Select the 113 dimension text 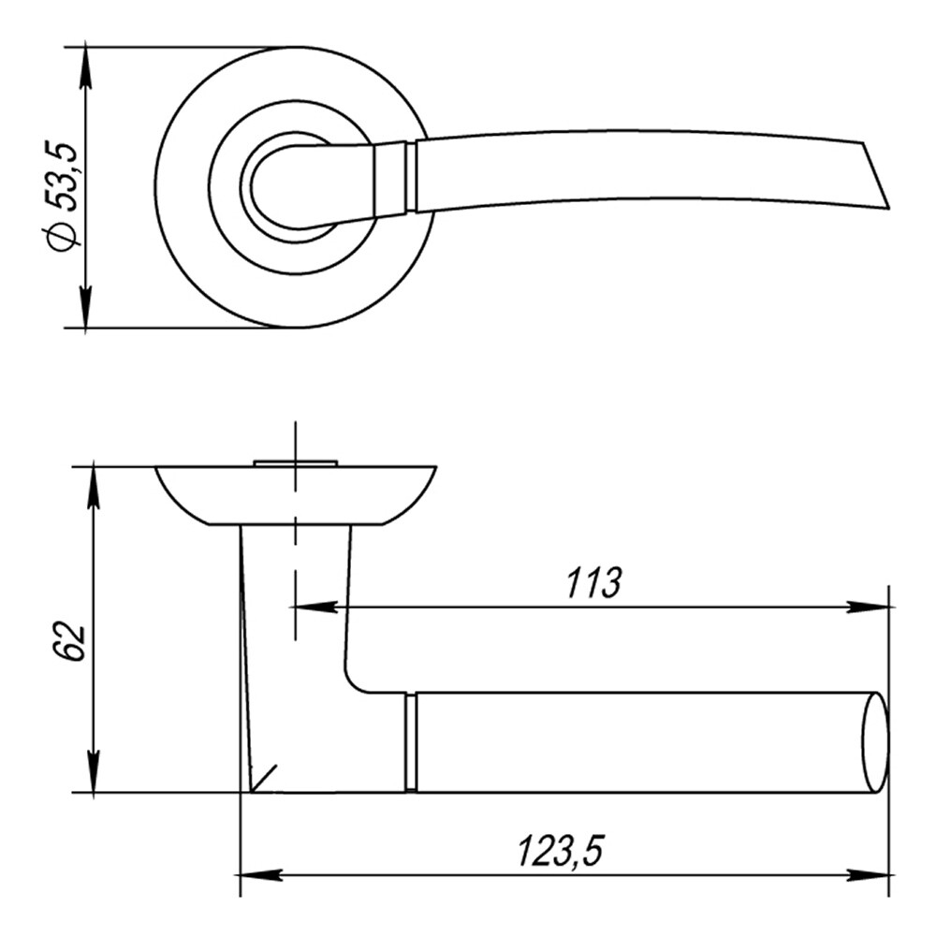pyautogui.click(x=593, y=582)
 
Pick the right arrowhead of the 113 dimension pyautogui.click(x=868, y=607)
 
